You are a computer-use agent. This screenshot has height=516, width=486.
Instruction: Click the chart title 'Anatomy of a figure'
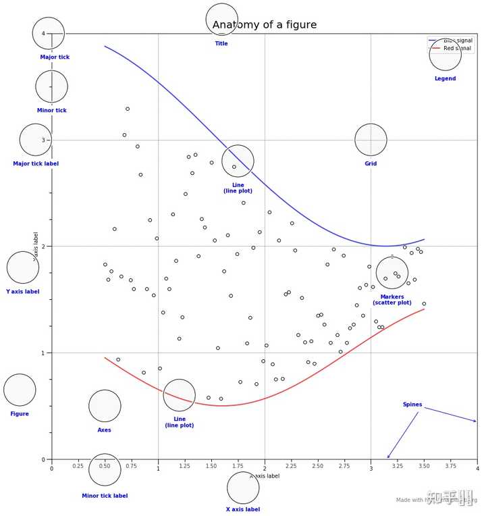264,25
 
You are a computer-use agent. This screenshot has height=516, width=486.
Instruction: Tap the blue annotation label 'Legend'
445,78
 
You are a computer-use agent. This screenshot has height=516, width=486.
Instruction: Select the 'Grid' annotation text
371,163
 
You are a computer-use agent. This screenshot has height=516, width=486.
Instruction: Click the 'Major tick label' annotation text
36,163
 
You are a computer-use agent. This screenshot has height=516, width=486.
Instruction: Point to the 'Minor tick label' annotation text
105,496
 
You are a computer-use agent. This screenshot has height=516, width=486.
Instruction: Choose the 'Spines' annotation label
412,405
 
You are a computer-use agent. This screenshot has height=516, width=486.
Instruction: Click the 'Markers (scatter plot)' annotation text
392,300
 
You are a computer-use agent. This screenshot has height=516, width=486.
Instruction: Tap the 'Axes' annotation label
105,430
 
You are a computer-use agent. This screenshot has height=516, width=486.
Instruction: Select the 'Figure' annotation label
20,413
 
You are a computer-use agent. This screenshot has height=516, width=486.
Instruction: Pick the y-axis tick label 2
45,247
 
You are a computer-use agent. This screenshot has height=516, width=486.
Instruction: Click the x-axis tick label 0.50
105,467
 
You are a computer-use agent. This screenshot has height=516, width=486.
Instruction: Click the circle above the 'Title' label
222,20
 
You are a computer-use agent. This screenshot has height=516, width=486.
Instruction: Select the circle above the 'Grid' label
371,140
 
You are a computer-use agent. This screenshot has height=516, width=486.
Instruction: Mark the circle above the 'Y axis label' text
23,267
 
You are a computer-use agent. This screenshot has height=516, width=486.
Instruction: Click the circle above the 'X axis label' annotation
243,488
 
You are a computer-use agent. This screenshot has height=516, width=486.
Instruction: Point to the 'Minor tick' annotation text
52,110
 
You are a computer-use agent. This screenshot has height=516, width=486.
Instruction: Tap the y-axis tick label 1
45,353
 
